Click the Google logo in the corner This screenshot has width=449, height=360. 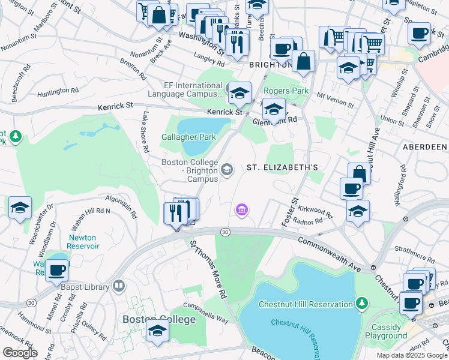[20, 353]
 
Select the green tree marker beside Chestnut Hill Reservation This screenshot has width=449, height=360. [361, 303]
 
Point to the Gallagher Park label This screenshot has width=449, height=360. [188, 137]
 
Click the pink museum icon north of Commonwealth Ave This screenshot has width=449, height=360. [242, 209]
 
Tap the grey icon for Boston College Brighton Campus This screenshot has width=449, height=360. [227, 170]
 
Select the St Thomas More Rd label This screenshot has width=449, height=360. [208, 270]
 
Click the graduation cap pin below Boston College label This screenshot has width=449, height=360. [157, 331]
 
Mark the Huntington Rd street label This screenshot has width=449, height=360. [58, 91]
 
